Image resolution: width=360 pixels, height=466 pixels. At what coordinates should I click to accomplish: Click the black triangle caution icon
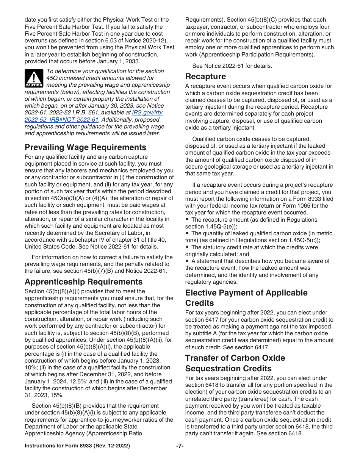click(x=34, y=78)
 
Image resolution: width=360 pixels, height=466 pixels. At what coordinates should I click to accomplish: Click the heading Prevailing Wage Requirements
click(x=85, y=147)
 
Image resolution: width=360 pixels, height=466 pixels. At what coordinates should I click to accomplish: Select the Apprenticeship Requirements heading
click(x=83, y=281)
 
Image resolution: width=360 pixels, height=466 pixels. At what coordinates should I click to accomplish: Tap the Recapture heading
click(x=205, y=76)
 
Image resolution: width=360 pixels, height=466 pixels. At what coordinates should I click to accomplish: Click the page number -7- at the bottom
click(x=180, y=446)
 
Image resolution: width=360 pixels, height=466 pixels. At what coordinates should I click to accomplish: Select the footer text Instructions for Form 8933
click(x=77, y=446)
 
